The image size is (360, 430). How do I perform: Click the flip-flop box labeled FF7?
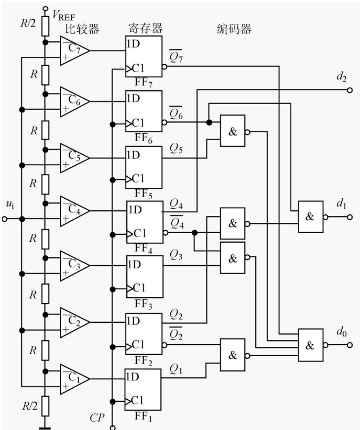[x=143, y=56]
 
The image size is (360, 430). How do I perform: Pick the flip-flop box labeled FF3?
[x=145, y=277]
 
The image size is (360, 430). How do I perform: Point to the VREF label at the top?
[x=63, y=15]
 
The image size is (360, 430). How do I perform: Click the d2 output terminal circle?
[x=349, y=90]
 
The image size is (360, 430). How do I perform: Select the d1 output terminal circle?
[x=349, y=217]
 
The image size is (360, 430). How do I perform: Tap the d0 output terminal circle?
[x=349, y=345]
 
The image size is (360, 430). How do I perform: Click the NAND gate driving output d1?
[x=311, y=217]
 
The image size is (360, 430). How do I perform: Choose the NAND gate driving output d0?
[x=311, y=345]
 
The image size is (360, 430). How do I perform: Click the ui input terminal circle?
[x=4, y=219]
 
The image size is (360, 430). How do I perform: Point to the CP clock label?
[x=97, y=418]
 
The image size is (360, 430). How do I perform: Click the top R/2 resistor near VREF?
[x=45, y=26]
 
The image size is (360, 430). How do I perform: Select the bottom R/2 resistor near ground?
[x=45, y=406]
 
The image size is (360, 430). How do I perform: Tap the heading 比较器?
[x=82, y=29]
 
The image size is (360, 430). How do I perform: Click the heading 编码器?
[x=234, y=29]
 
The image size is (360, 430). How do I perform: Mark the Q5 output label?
[x=176, y=148]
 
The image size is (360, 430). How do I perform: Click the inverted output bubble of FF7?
[x=165, y=67]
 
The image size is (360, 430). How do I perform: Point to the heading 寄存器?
[x=146, y=28]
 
